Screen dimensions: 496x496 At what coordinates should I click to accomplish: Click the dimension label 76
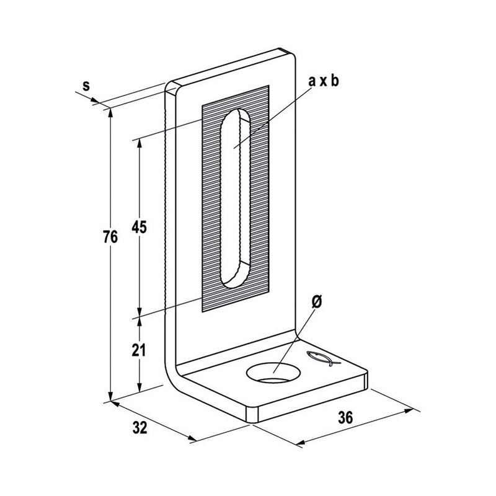pos(110,237)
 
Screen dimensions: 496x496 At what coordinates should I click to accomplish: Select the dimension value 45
pos(139,227)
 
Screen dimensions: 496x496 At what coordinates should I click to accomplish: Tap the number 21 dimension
pos(138,350)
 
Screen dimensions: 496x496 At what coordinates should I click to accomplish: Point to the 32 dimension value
pos(140,428)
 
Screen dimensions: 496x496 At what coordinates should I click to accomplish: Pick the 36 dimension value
pos(345,417)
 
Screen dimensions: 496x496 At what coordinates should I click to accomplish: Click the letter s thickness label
pos(86,86)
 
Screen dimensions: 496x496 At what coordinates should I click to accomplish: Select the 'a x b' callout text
pos(324,81)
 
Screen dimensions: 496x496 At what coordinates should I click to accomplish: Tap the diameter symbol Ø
pos(317,302)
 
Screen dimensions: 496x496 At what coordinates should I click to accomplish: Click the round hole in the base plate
pos(274,373)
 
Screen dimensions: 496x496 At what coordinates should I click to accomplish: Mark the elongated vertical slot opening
pos(236,198)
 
